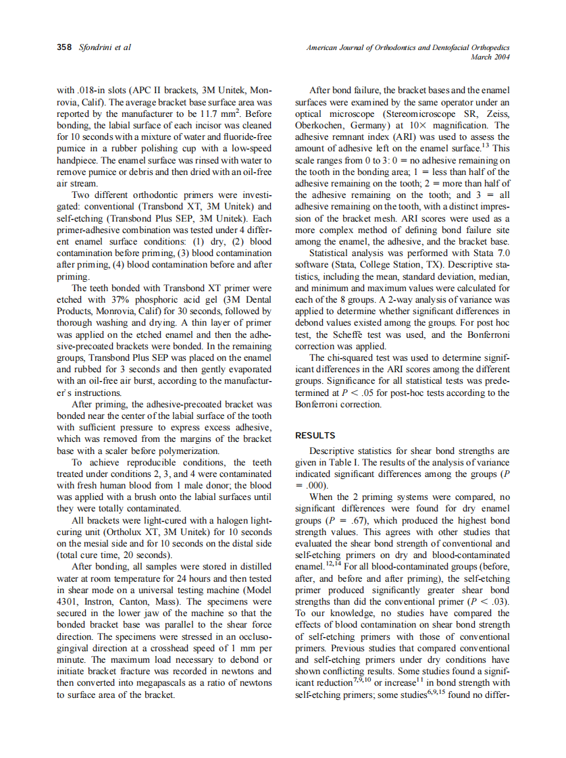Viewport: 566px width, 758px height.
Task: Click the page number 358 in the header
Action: [64, 47]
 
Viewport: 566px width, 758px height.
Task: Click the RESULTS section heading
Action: [315, 436]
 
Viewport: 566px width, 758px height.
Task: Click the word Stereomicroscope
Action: [386, 113]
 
